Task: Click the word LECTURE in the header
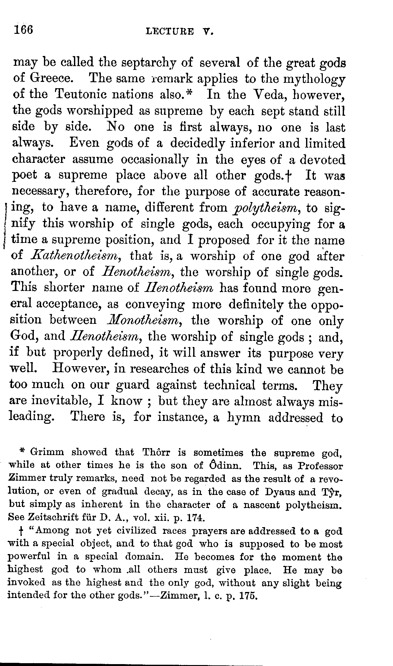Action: [169, 31]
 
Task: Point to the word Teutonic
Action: [83, 95]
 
